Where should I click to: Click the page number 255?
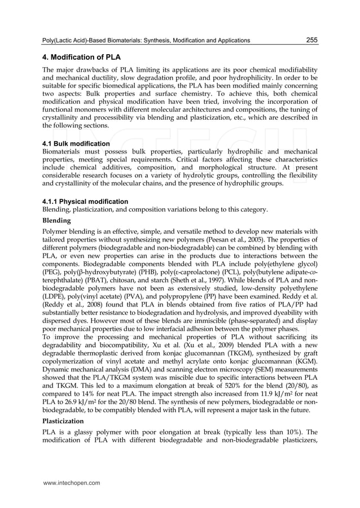[311, 40]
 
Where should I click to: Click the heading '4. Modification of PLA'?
[81, 57]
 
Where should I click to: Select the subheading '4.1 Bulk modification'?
[76, 143]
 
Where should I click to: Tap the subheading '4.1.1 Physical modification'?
[85, 202]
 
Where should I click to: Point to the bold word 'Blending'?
[57, 221]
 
